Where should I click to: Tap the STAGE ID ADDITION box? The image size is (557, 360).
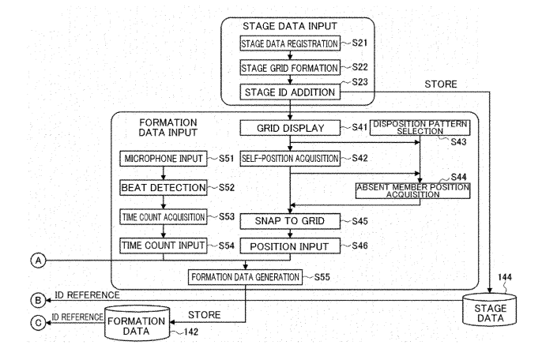(x=289, y=92)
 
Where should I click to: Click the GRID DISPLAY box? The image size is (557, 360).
(x=289, y=127)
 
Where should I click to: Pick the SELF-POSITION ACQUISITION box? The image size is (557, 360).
(x=289, y=159)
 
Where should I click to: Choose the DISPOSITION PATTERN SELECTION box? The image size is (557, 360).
(x=420, y=128)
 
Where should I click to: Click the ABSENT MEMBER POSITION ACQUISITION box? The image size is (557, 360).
(x=412, y=189)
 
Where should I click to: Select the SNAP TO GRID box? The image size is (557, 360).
(x=289, y=220)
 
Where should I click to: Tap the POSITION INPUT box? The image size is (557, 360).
(x=289, y=246)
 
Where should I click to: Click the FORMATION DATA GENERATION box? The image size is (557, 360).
(x=244, y=277)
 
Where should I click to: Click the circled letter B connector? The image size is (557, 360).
(x=36, y=299)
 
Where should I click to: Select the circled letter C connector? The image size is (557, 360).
(x=36, y=322)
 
